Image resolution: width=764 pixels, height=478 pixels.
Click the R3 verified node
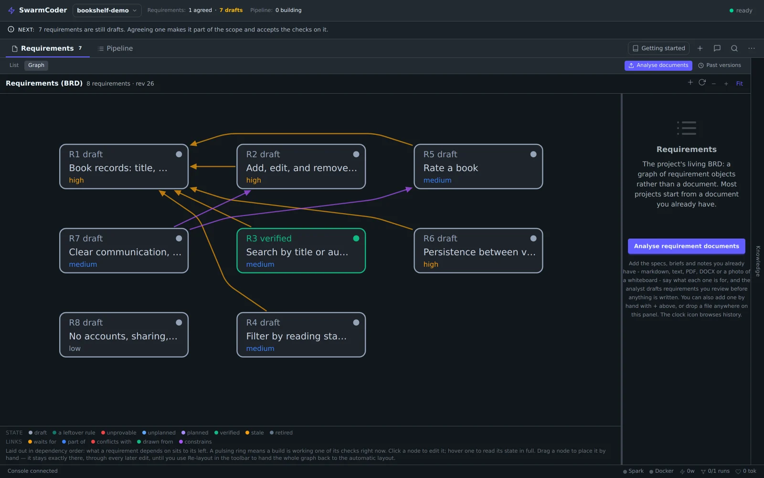[301, 250]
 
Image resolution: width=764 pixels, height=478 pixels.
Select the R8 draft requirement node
[124, 335]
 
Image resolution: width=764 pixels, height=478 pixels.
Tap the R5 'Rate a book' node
[478, 167]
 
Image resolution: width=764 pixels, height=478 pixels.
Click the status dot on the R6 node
[533, 239]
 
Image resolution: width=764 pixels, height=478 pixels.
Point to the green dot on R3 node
[356, 239]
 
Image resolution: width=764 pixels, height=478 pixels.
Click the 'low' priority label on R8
[74, 348]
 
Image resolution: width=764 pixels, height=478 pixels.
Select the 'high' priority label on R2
[254, 180]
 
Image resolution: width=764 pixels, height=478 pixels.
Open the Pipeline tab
[115, 48]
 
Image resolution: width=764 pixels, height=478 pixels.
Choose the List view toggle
[14, 65]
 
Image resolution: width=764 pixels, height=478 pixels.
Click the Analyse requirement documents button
[686, 246]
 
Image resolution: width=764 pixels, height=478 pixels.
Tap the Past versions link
[719, 65]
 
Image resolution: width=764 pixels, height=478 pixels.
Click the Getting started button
[658, 48]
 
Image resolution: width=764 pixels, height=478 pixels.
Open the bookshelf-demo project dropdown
[107, 11]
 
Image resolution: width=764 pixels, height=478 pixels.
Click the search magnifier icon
[734, 48]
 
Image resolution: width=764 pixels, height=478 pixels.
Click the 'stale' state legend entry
[255, 433]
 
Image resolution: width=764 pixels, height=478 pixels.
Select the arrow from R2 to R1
[213, 167]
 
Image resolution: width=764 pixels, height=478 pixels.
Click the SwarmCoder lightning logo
[11, 11]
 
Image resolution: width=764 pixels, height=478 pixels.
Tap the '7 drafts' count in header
[231, 10]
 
